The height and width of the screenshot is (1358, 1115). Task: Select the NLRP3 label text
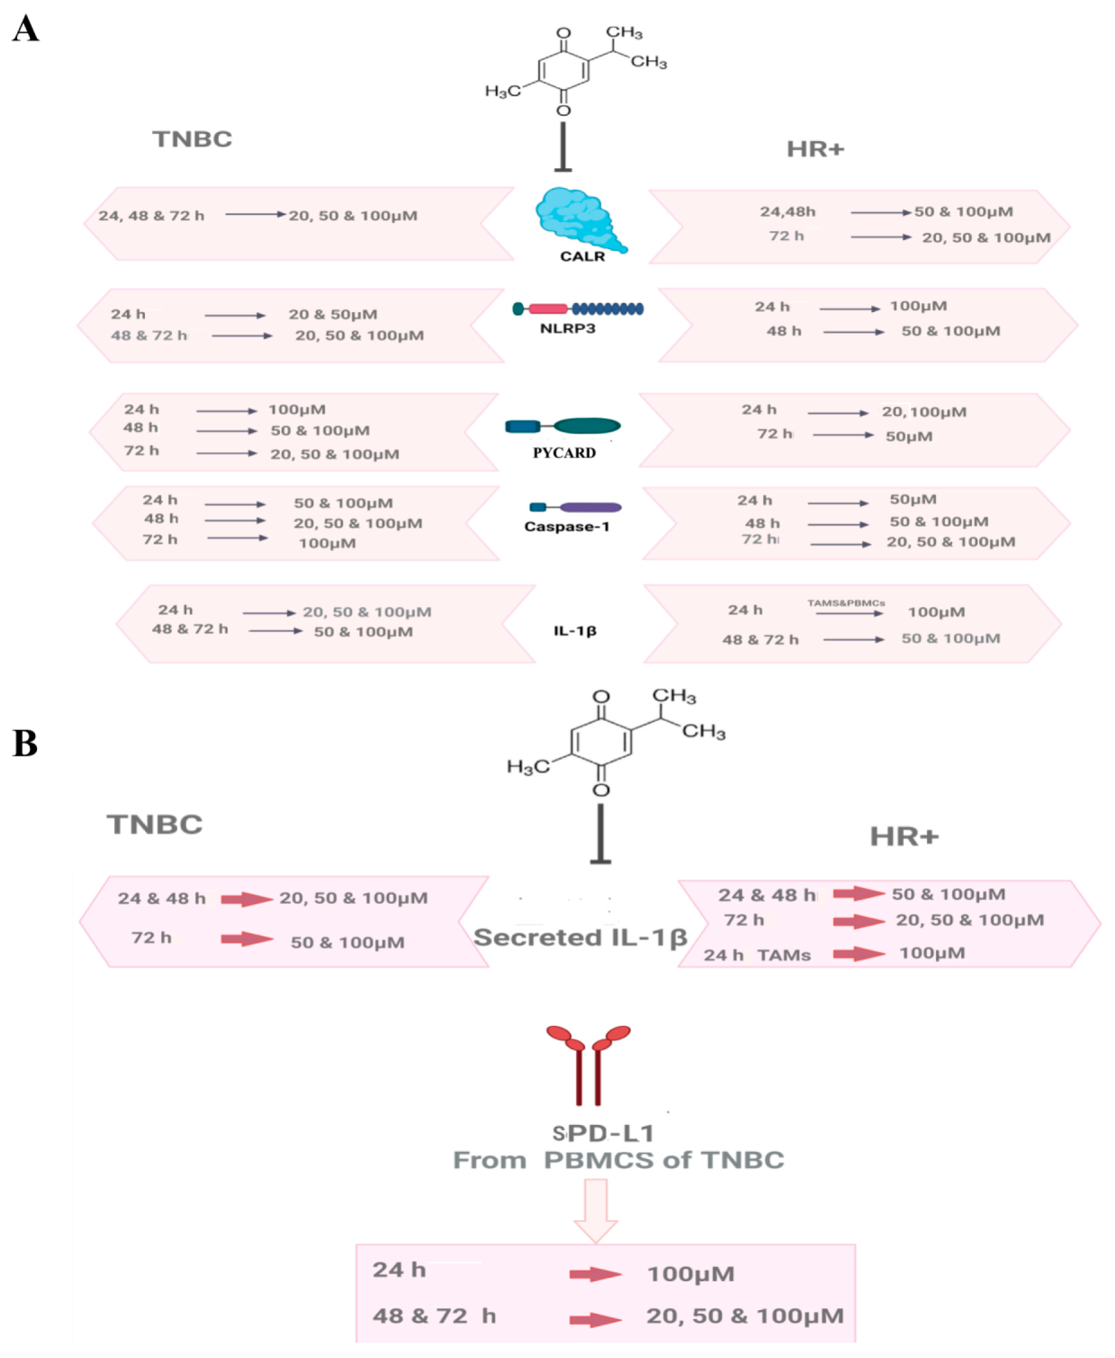[x=567, y=329]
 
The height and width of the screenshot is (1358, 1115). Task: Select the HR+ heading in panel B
[x=904, y=837]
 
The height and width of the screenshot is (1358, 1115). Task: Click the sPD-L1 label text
[x=603, y=1133]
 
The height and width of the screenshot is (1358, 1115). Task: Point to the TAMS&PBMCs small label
[x=846, y=603]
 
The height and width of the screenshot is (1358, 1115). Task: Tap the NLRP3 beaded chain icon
[x=578, y=309]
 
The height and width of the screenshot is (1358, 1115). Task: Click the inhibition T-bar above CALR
[x=563, y=148]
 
